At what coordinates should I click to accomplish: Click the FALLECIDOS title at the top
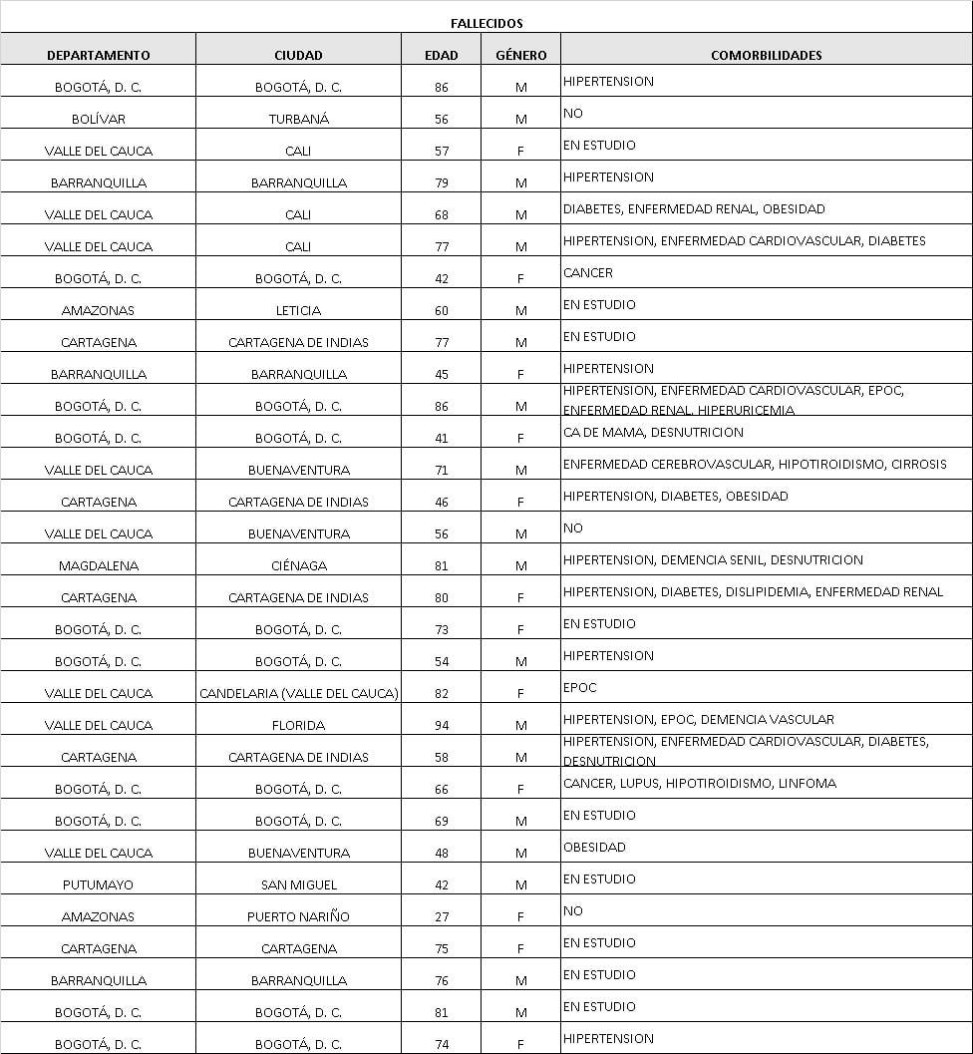[486, 23]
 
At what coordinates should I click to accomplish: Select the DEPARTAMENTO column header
[99, 55]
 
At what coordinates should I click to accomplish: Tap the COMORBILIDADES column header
[766, 55]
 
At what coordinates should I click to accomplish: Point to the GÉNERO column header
[520, 55]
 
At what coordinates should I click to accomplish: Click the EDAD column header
[442, 55]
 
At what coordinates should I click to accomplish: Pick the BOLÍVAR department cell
[99, 119]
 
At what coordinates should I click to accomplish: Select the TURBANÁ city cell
[298, 119]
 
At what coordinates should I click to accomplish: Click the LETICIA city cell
[298, 310]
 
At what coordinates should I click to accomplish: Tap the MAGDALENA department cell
[99, 565]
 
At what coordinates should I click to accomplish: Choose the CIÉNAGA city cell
[298, 565]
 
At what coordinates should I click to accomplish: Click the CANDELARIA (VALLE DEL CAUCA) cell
[298, 693]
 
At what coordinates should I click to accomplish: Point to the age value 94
[442, 725]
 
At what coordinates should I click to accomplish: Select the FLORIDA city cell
[298, 725]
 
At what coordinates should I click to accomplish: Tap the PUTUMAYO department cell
[99, 884]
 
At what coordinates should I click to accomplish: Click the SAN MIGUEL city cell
[298, 884]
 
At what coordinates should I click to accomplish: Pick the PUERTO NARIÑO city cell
[298, 916]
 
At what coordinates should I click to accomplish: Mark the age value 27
[442, 916]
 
